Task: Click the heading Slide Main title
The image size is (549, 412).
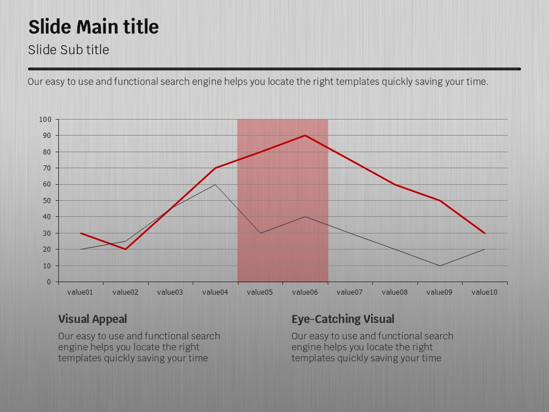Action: (x=93, y=27)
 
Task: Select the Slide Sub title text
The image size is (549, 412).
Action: (x=68, y=50)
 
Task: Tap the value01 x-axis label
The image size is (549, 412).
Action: (x=80, y=292)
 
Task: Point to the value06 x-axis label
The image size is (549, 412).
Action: (x=305, y=292)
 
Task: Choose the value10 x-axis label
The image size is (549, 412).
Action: (x=484, y=292)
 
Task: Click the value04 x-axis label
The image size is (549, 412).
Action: (x=215, y=292)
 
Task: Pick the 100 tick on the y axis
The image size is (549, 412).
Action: (x=45, y=120)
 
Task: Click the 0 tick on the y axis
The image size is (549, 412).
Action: (x=49, y=282)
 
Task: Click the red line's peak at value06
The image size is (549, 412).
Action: (x=305, y=136)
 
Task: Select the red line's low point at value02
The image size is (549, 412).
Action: (x=125, y=249)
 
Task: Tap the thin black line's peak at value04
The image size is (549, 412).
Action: (x=215, y=184)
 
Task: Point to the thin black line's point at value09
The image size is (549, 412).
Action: (x=440, y=266)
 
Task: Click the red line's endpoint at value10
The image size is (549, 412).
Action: (x=484, y=233)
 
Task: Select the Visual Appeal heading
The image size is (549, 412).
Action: (x=93, y=319)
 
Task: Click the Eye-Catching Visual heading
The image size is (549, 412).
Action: (x=343, y=319)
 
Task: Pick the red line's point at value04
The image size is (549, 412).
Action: (x=215, y=168)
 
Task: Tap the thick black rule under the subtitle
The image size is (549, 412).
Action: (x=274, y=69)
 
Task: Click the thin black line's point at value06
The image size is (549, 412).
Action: (x=305, y=217)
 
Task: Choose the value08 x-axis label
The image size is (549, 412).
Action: (x=395, y=292)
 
